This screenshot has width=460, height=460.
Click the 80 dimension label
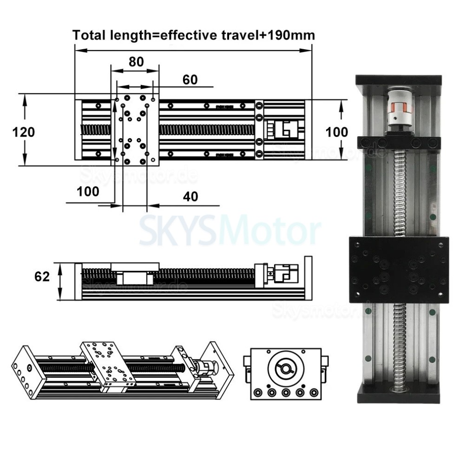tap(136, 62)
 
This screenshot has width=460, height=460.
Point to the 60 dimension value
tap(190, 79)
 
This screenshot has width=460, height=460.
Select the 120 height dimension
tap(23, 132)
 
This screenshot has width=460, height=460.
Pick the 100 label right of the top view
tap(336, 132)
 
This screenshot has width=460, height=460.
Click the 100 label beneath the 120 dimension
tap(88, 191)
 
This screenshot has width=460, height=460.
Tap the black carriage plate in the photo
tap(398, 269)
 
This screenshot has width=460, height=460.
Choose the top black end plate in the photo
tap(398, 80)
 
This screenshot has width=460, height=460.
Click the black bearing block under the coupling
tap(399, 140)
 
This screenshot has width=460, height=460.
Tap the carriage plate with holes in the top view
tap(135, 130)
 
